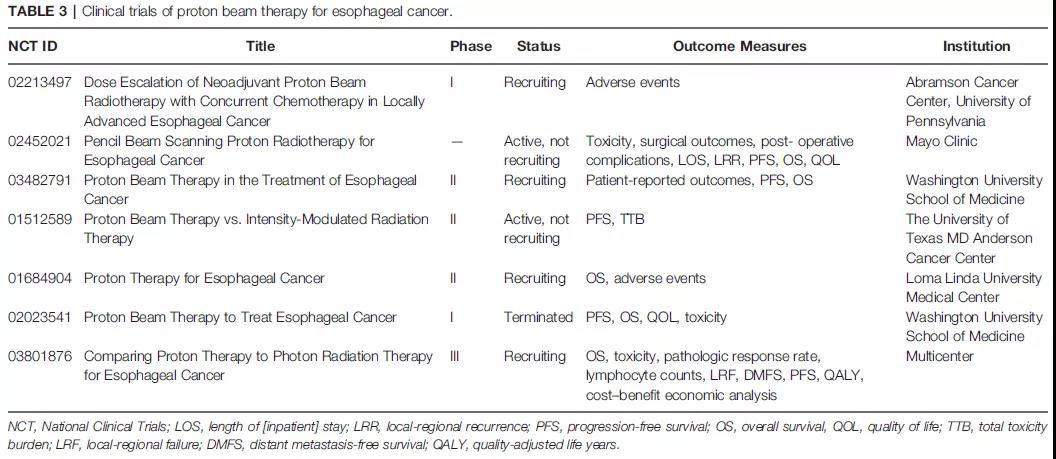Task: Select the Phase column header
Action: (x=471, y=46)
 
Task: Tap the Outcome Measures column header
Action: (x=739, y=46)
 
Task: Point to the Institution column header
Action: (x=976, y=46)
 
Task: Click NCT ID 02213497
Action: (x=40, y=82)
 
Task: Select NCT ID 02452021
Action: (x=40, y=141)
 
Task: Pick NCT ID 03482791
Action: (x=40, y=180)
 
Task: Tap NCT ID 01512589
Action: (x=40, y=219)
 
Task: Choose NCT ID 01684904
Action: (x=40, y=278)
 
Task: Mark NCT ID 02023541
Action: (x=40, y=317)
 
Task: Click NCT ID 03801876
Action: (x=40, y=356)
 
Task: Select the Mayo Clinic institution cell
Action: (x=941, y=141)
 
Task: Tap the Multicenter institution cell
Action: (x=939, y=356)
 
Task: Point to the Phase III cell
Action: (x=455, y=356)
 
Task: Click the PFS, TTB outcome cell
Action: (x=615, y=219)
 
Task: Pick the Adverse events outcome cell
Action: (x=632, y=82)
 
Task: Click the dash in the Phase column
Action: (x=457, y=141)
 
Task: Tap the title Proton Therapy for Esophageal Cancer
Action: (x=204, y=278)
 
